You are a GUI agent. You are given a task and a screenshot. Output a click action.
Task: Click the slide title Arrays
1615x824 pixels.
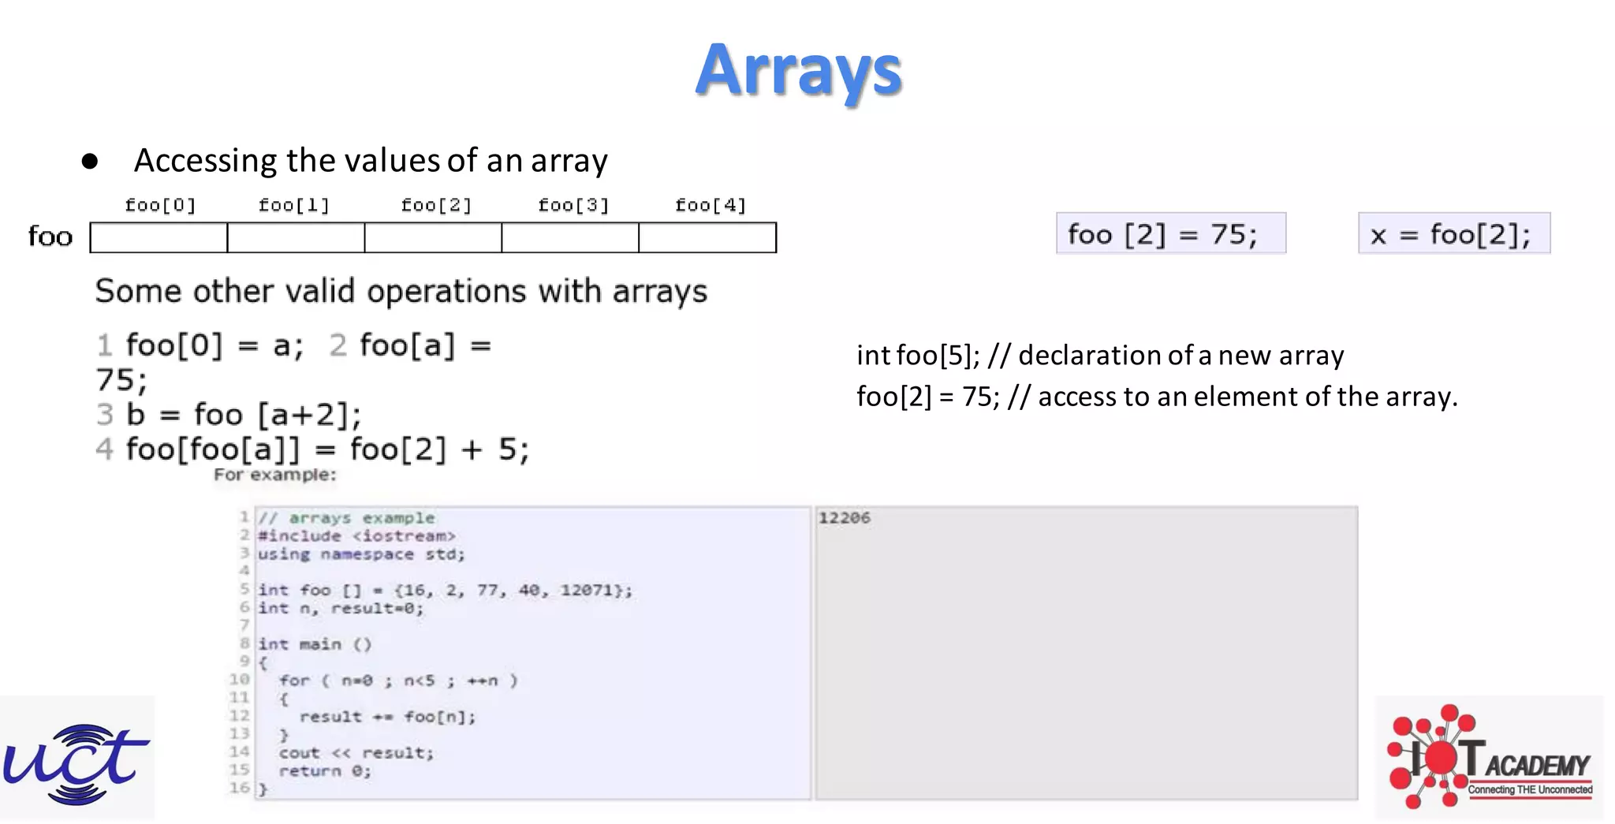click(x=798, y=70)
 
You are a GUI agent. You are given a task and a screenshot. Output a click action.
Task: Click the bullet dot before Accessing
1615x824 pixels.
click(x=90, y=162)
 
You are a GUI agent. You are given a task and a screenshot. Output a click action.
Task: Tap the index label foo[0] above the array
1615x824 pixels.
click(x=160, y=206)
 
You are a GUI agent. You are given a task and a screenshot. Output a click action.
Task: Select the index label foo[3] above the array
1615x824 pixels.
click(x=573, y=206)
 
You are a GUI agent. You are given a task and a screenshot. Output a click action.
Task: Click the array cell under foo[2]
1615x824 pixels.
click(x=433, y=237)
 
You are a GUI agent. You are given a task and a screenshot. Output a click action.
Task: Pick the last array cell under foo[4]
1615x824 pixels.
click(x=707, y=237)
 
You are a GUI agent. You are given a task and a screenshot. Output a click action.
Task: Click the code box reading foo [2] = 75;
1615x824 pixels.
click(x=1170, y=234)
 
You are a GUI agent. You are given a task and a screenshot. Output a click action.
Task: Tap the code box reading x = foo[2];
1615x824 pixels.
click(x=1453, y=234)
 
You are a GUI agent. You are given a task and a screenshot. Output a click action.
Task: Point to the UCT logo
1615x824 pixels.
click(x=76, y=759)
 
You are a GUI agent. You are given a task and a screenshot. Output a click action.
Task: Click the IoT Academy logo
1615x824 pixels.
click(x=1489, y=758)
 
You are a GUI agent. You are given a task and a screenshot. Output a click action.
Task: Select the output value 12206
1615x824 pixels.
click(x=844, y=518)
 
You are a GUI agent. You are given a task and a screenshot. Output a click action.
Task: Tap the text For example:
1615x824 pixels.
click(x=274, y=475)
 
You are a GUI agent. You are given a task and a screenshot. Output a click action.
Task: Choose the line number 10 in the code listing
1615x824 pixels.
click(x=239, y=680)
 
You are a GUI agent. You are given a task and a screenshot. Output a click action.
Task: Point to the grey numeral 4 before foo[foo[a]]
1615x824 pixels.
click(x=104, y=449)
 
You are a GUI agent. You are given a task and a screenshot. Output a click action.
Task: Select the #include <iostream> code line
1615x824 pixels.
click(x=356, y=536)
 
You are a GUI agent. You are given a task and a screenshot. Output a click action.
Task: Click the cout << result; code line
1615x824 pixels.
click(x=356, y=753)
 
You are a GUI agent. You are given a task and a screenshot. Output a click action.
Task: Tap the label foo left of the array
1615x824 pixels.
click(x=50, y=237)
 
